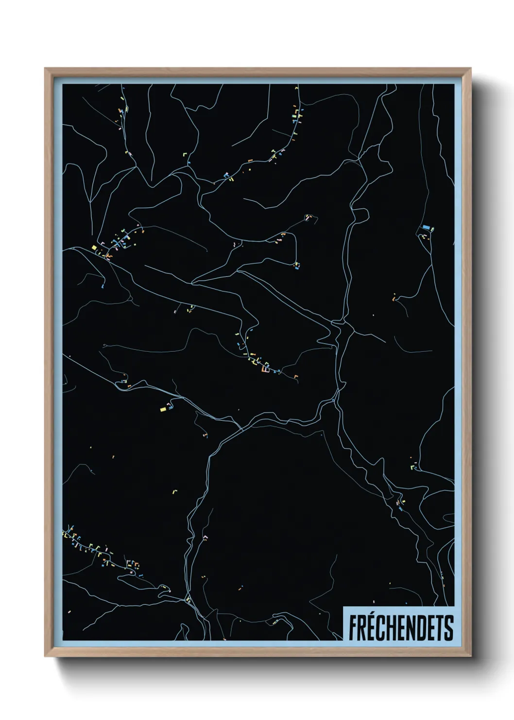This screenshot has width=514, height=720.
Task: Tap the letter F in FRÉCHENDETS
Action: point(352,628)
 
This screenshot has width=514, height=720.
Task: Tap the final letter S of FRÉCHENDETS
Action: point(449,628)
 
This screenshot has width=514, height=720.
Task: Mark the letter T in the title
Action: point(440,628)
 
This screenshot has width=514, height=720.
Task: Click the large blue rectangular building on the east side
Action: point(426,227)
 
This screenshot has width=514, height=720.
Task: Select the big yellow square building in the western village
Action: point(94,247)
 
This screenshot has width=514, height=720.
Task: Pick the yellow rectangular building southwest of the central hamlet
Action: point(163,409)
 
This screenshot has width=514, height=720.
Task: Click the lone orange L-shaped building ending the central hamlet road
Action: point(296,376)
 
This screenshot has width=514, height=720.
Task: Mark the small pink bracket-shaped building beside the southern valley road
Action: point(205,537)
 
